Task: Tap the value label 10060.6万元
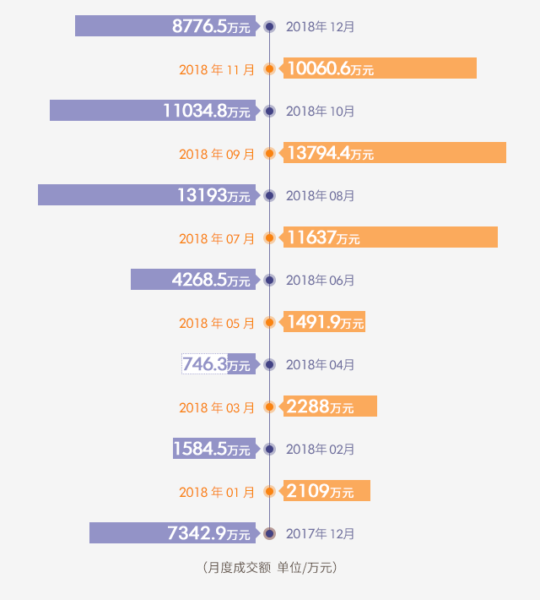(330, 69)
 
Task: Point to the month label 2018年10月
(320, 111)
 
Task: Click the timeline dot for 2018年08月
(269, 195)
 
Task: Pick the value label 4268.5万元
(211, 280)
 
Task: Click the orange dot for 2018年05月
(269, 322)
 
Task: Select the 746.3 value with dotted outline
(204, 364)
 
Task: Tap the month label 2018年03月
(217, 407)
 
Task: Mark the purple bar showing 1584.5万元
(213, 449)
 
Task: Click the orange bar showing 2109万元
(327, 491)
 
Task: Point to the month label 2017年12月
(320, 533)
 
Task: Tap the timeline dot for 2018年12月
(269, 26)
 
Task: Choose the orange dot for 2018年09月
(269, 153)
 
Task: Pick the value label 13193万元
(213, 196)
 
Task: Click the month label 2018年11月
(217, 69)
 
